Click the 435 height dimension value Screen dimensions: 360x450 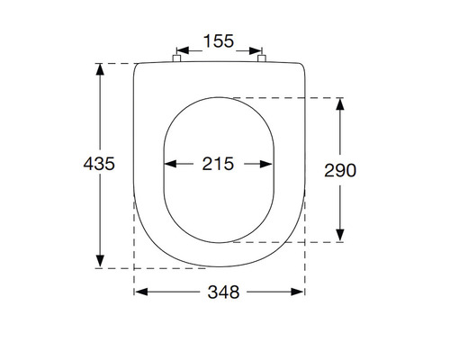pos(98,165)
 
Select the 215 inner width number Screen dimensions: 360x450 pos(219,164)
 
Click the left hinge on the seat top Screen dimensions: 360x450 pos(175,59)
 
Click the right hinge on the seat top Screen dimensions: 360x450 pos(263,59)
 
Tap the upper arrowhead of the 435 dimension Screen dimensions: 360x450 pos(99,69)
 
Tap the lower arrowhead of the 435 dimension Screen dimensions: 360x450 pos(99,262)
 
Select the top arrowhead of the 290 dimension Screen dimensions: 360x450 pos(341,103)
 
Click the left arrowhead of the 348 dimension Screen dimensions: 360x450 pos(140,292)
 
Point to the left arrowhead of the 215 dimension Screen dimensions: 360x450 pos(167,164)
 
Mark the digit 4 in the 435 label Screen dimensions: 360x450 pos(88,165)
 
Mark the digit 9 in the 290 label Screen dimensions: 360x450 pos(342,170)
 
